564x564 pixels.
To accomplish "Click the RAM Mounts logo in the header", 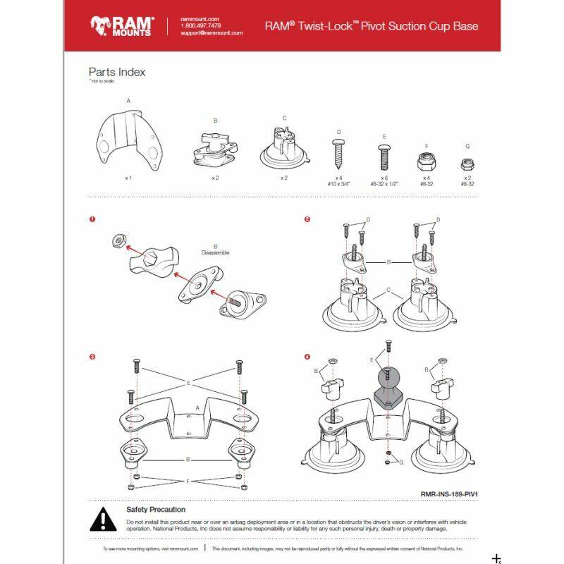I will click(121, 26).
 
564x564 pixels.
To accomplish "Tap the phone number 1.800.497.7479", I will click(200, 26).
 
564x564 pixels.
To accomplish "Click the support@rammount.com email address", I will click(211, 33).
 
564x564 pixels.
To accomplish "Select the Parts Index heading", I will click(117, 72).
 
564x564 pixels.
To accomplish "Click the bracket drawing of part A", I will click(128, 137).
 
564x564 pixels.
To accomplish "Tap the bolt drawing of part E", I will click(384, 154).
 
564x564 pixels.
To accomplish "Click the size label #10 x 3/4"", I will click(338, 183).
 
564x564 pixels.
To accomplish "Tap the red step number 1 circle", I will click(92, 219).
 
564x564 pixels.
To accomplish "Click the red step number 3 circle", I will click(92, 357).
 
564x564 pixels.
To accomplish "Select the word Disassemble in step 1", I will click(215, 252).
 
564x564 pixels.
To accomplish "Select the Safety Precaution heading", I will click(156, 509).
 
